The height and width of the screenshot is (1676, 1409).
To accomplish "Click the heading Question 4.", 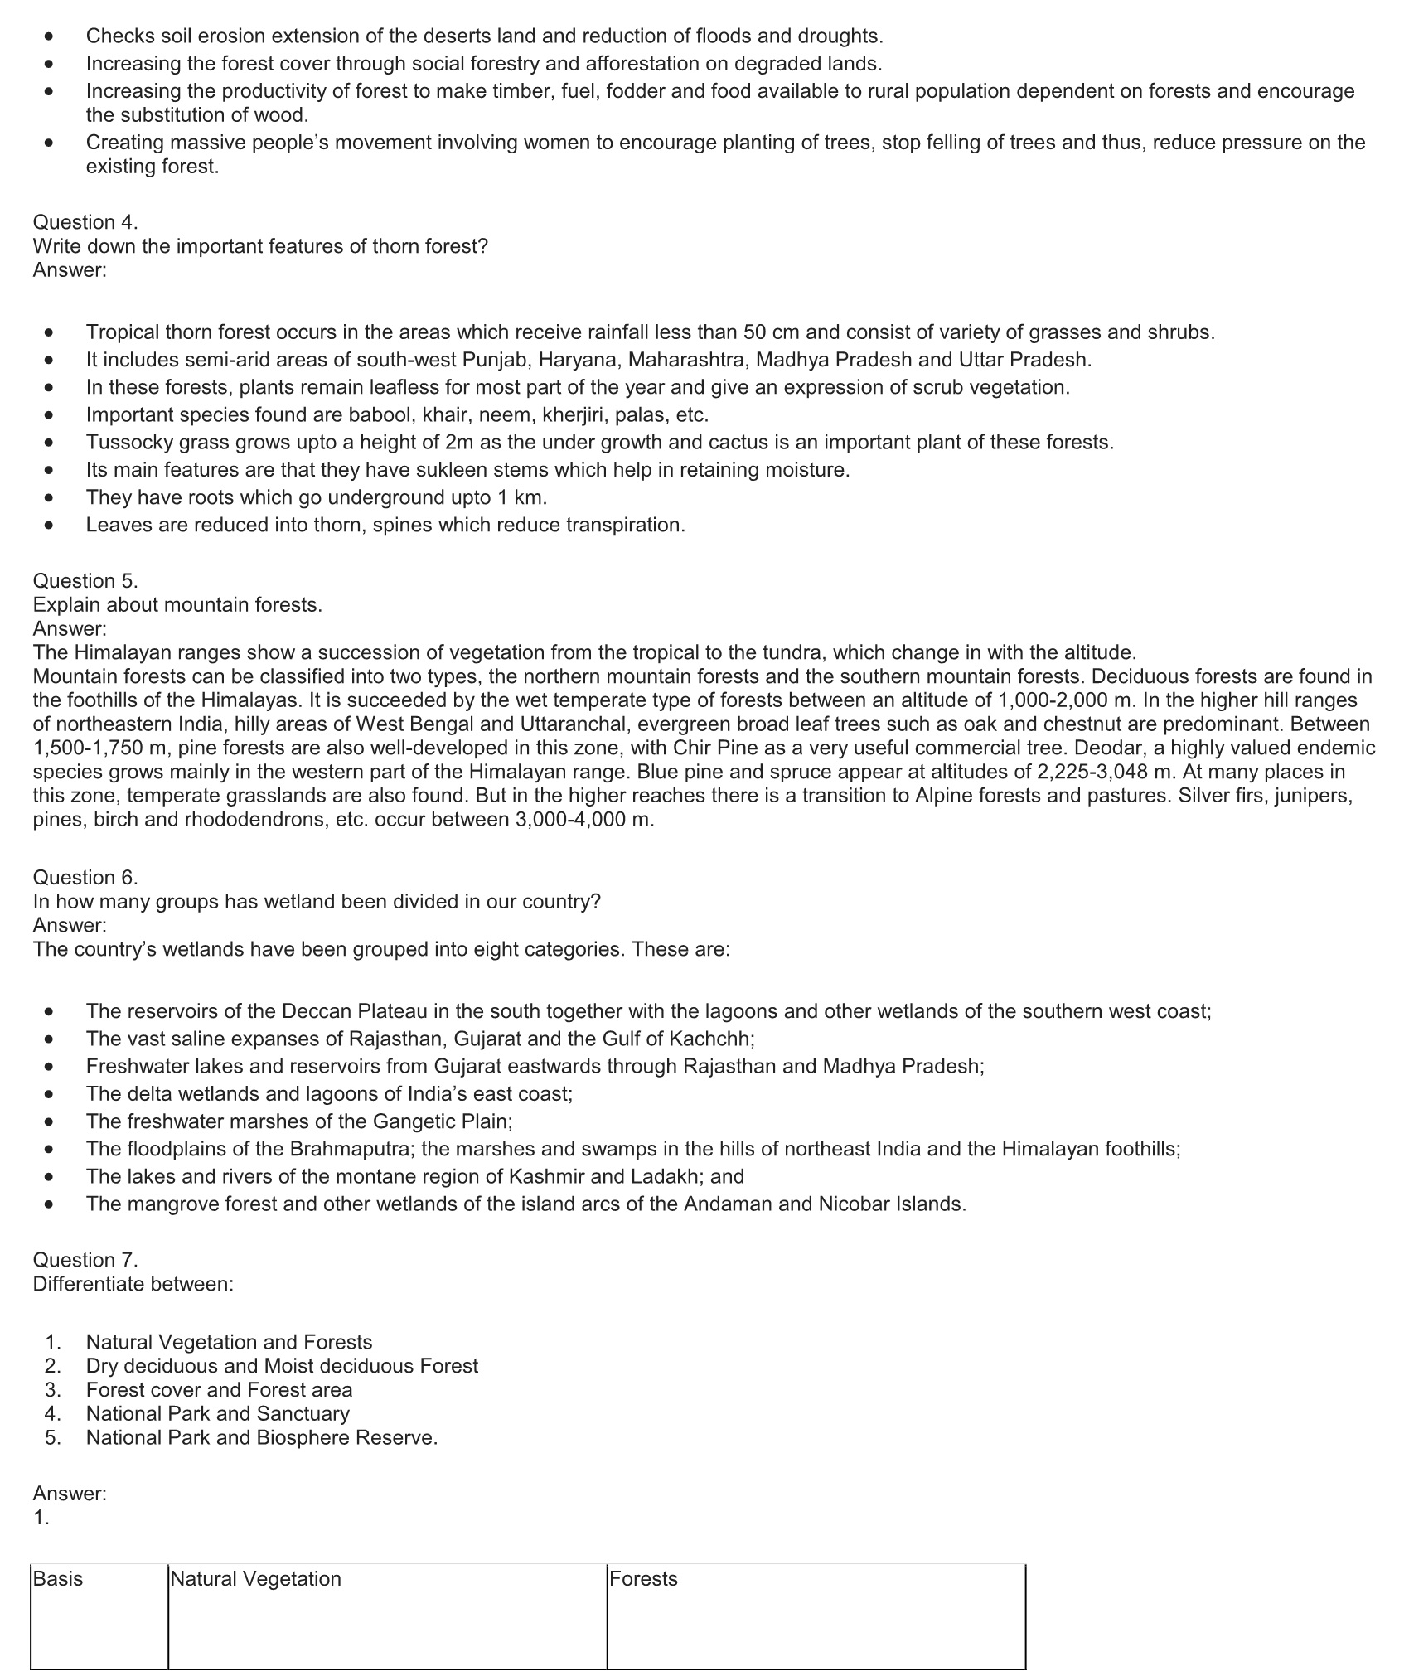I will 85,222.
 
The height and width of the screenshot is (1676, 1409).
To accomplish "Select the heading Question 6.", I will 85,877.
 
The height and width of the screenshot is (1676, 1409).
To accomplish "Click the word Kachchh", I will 711,1039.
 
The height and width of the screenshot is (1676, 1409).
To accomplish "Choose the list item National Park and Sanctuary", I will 217,1413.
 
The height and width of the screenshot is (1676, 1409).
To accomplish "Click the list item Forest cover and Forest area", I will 219,1389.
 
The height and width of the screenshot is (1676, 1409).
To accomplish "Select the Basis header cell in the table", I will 58,1578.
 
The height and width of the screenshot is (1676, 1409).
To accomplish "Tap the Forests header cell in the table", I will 643,1578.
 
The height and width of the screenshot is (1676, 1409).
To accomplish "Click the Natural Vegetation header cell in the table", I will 255,1578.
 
